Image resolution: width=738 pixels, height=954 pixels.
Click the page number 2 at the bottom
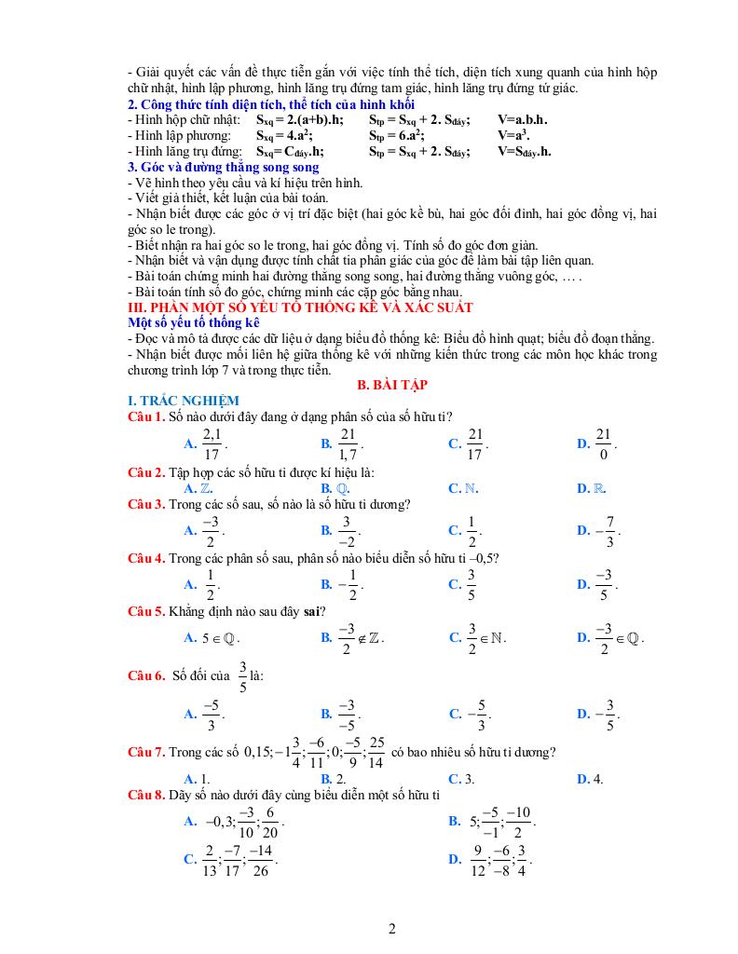[x=391, y=928]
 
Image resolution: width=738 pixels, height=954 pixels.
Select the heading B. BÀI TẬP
[x=392, y=384]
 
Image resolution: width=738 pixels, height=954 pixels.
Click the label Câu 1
[x=146, y=416]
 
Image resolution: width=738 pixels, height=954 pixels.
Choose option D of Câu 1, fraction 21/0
[x=602, y=443]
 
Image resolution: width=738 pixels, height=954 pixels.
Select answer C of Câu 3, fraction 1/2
[x=471, y=530]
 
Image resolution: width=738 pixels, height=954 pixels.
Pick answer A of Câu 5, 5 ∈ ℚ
[x=218, y=639]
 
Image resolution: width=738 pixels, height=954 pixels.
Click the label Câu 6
[x=146, y=676]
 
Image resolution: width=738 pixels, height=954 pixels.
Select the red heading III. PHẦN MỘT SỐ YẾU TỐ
[x=300, y=307]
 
